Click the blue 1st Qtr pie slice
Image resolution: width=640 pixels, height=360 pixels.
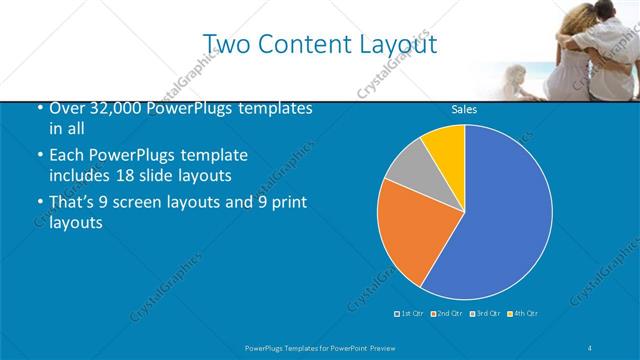pos(500,215)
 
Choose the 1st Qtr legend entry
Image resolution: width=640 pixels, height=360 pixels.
pos(410,314)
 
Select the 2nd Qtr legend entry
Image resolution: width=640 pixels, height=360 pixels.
pos(447,314)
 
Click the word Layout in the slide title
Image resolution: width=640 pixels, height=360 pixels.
pos(393,44)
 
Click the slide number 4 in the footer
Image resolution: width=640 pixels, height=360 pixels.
pos(591,347)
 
